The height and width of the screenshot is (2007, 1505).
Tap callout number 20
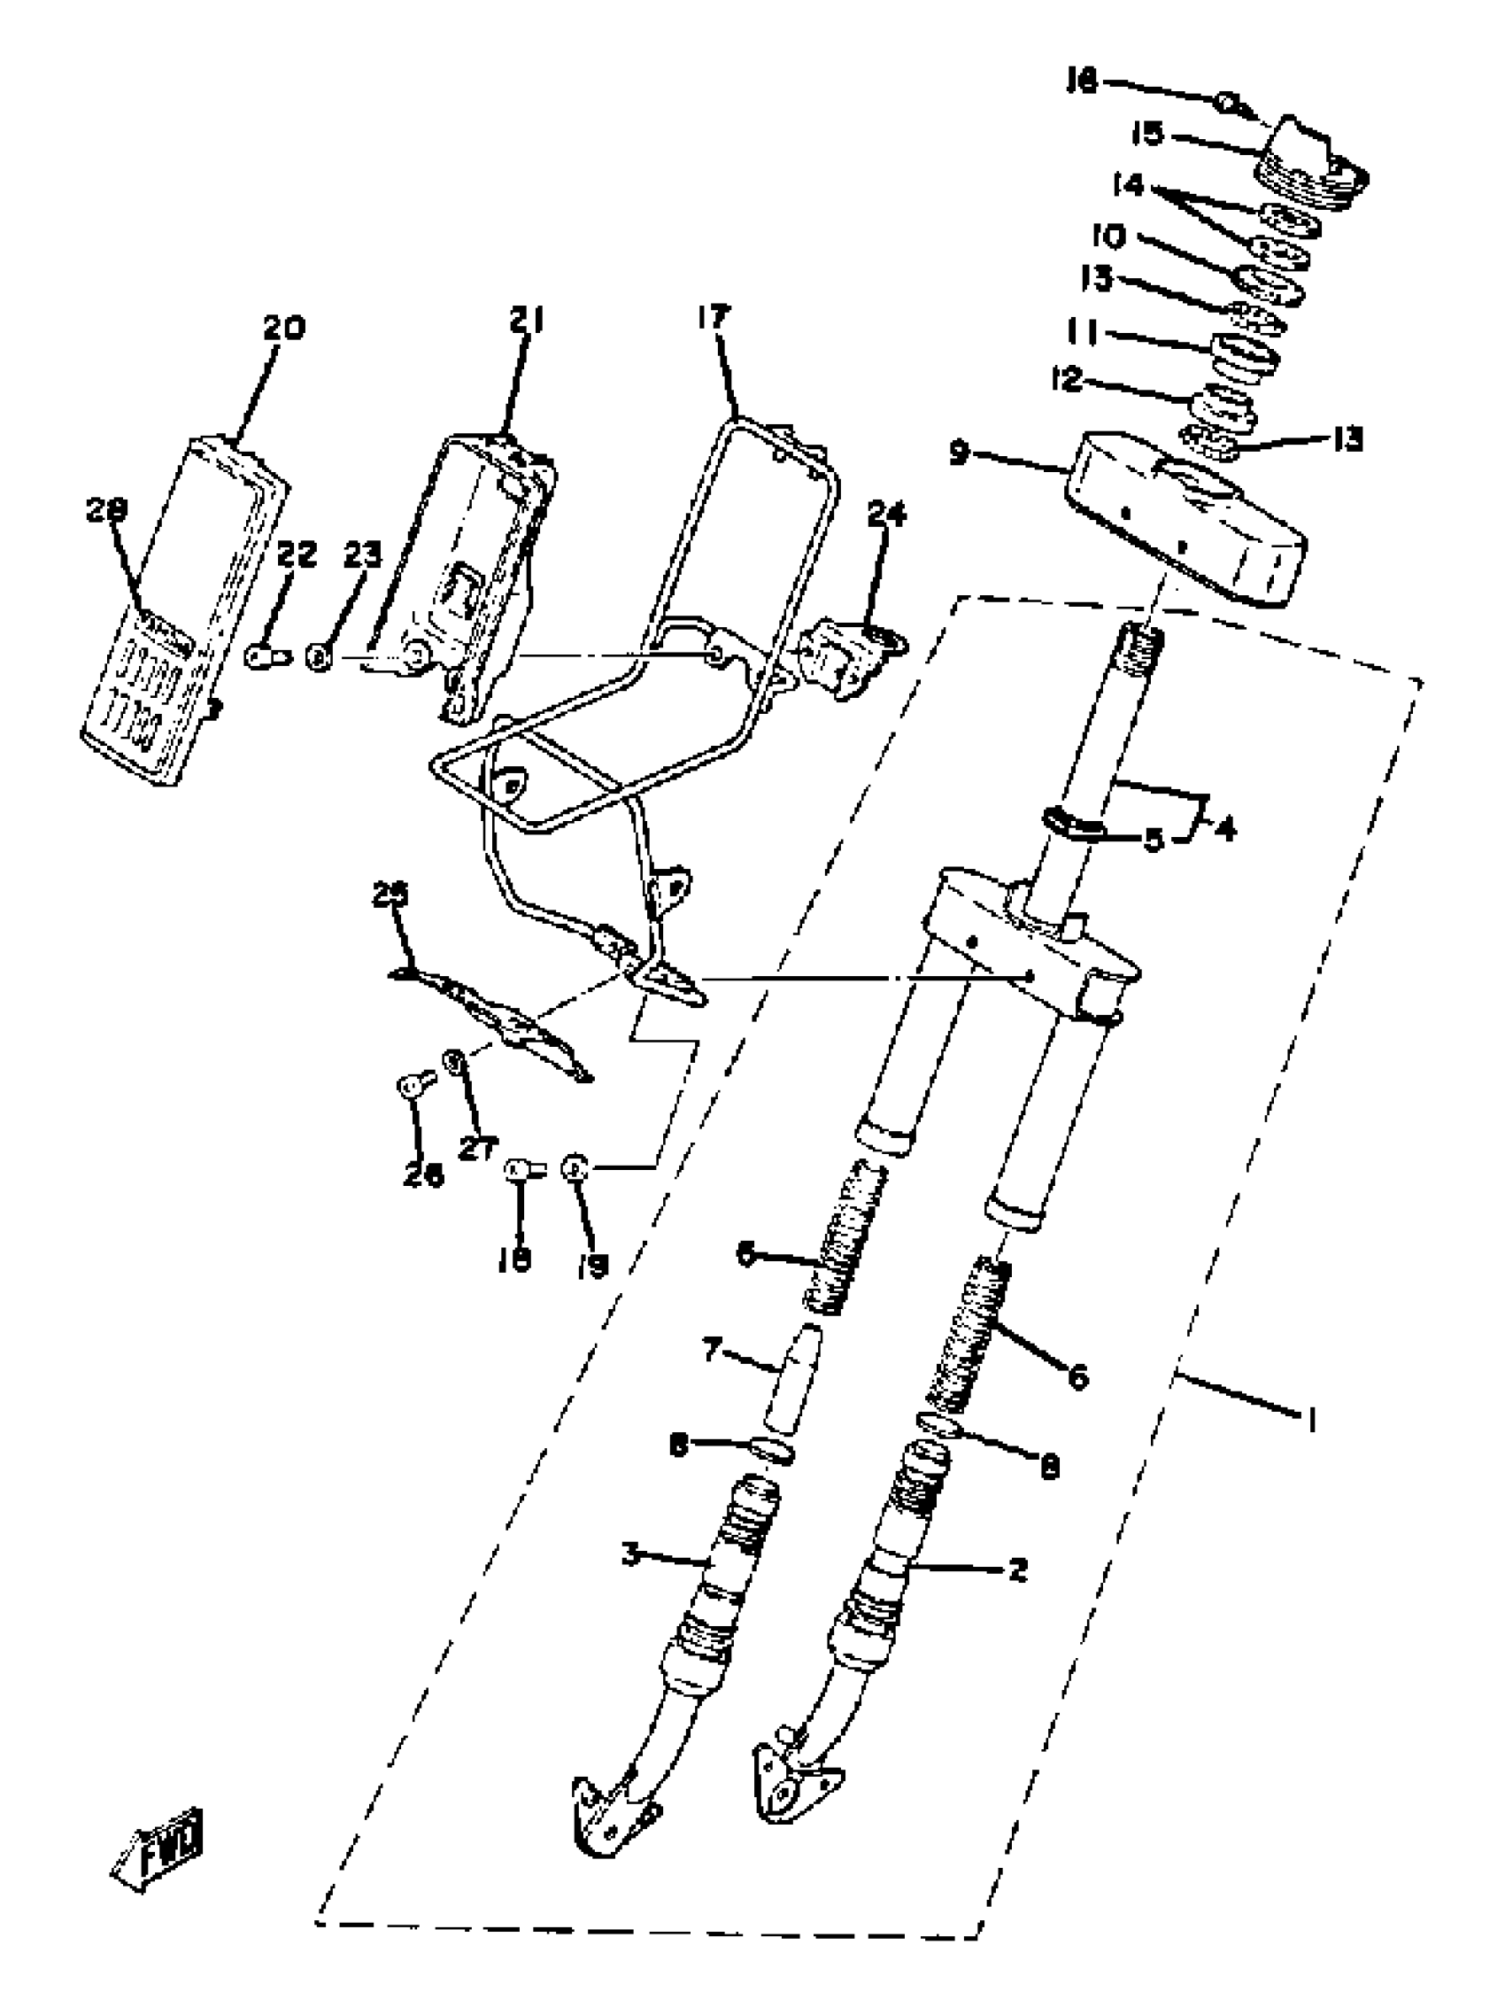point(284,328)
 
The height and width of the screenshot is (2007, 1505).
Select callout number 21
point(525,322)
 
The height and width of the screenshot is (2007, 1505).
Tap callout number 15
point(1146,134)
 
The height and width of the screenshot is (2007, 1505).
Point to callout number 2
point(1017,1569)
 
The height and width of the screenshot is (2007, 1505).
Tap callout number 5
point(1151,840)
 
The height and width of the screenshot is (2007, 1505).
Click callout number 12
point(1068,378)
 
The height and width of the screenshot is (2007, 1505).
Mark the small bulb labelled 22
point(268,654)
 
